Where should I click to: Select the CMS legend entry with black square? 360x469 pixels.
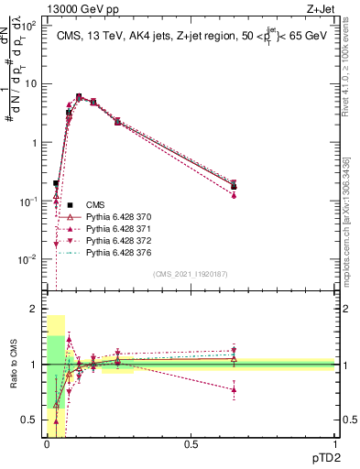[95, 204]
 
